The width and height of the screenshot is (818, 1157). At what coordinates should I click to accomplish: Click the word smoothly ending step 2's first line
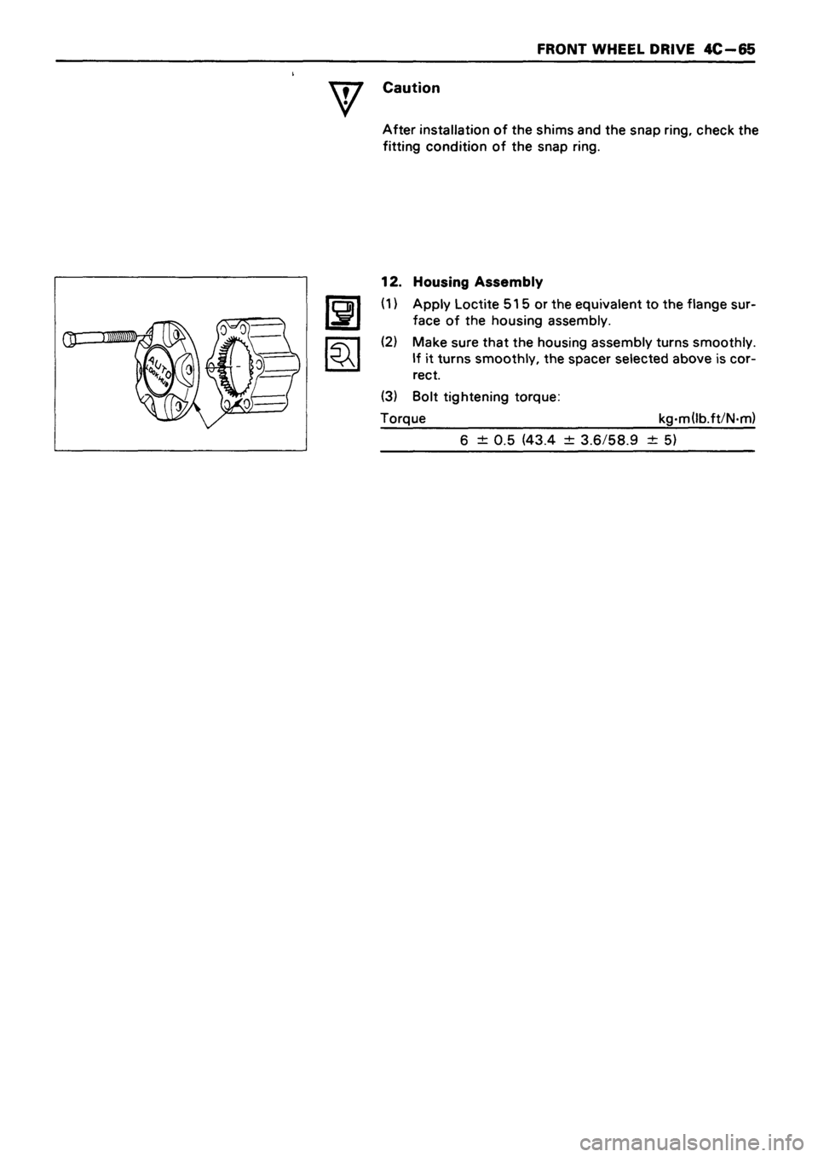pyautogui.click(x=725, y=342)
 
